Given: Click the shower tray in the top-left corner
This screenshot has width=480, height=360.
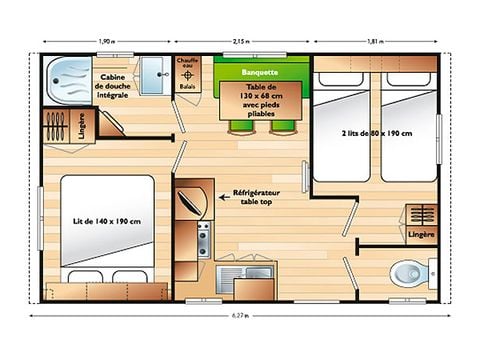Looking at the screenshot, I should click(x=68, y=74).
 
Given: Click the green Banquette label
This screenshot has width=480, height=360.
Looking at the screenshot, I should click(x=259, y=72).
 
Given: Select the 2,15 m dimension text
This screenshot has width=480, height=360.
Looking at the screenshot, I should click(x=243, y=42).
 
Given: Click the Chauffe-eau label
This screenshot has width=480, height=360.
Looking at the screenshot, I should click(x=188, y=64).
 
